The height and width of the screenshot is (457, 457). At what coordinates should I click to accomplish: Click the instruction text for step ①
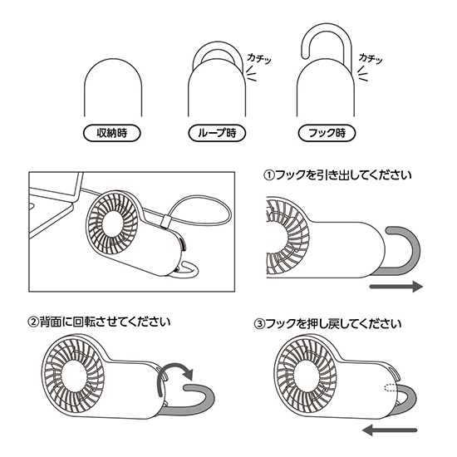(337, 176)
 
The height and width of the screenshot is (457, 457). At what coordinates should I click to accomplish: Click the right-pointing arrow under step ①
(396, 287)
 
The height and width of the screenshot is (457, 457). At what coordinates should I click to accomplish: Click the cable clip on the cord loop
(165, 222)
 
